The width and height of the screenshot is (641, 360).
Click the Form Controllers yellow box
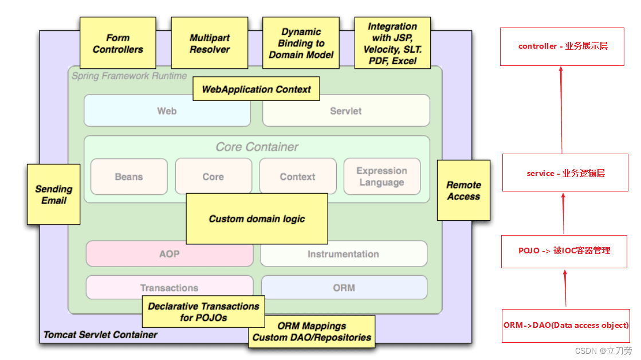[118, 43]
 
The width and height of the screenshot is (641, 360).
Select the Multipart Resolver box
[209, 43]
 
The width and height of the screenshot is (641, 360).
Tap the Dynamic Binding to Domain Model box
[301, 43]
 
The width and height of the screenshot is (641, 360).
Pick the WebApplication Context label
[256, 89]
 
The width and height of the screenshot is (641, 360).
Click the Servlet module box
[346, 111]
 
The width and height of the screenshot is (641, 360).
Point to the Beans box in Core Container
[129, 177]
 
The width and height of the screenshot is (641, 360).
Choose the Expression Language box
[382, 177]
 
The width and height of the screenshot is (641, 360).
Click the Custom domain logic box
[257, 219]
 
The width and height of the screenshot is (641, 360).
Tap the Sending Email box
[53, 194]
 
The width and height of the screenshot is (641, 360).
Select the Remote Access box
[463, 190]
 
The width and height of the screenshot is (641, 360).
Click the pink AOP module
[169, 254]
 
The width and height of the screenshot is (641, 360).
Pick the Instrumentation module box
[343, 254]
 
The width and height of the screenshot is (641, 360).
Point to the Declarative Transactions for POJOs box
[203, 312]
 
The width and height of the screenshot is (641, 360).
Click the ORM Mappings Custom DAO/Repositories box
[312, 332]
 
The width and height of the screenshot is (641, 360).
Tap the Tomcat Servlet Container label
[100, 335]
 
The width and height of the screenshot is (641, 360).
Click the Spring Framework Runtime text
[129, 76]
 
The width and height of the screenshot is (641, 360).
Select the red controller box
[562, 46]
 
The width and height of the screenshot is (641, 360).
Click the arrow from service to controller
[561, 110]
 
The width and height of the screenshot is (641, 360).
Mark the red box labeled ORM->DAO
[566, 326]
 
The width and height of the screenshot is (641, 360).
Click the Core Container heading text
[257, 147]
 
